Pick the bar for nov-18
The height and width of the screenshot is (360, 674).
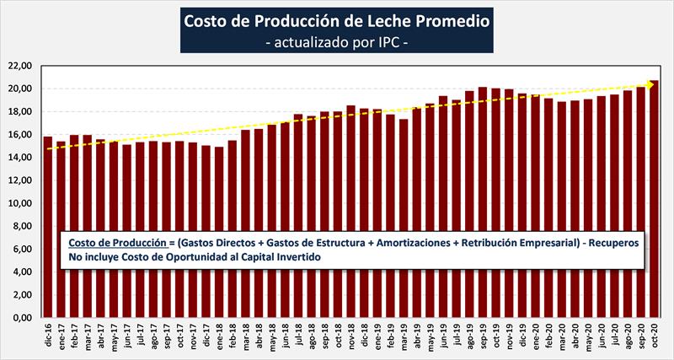pyautogui.click(x=350, y=212)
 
